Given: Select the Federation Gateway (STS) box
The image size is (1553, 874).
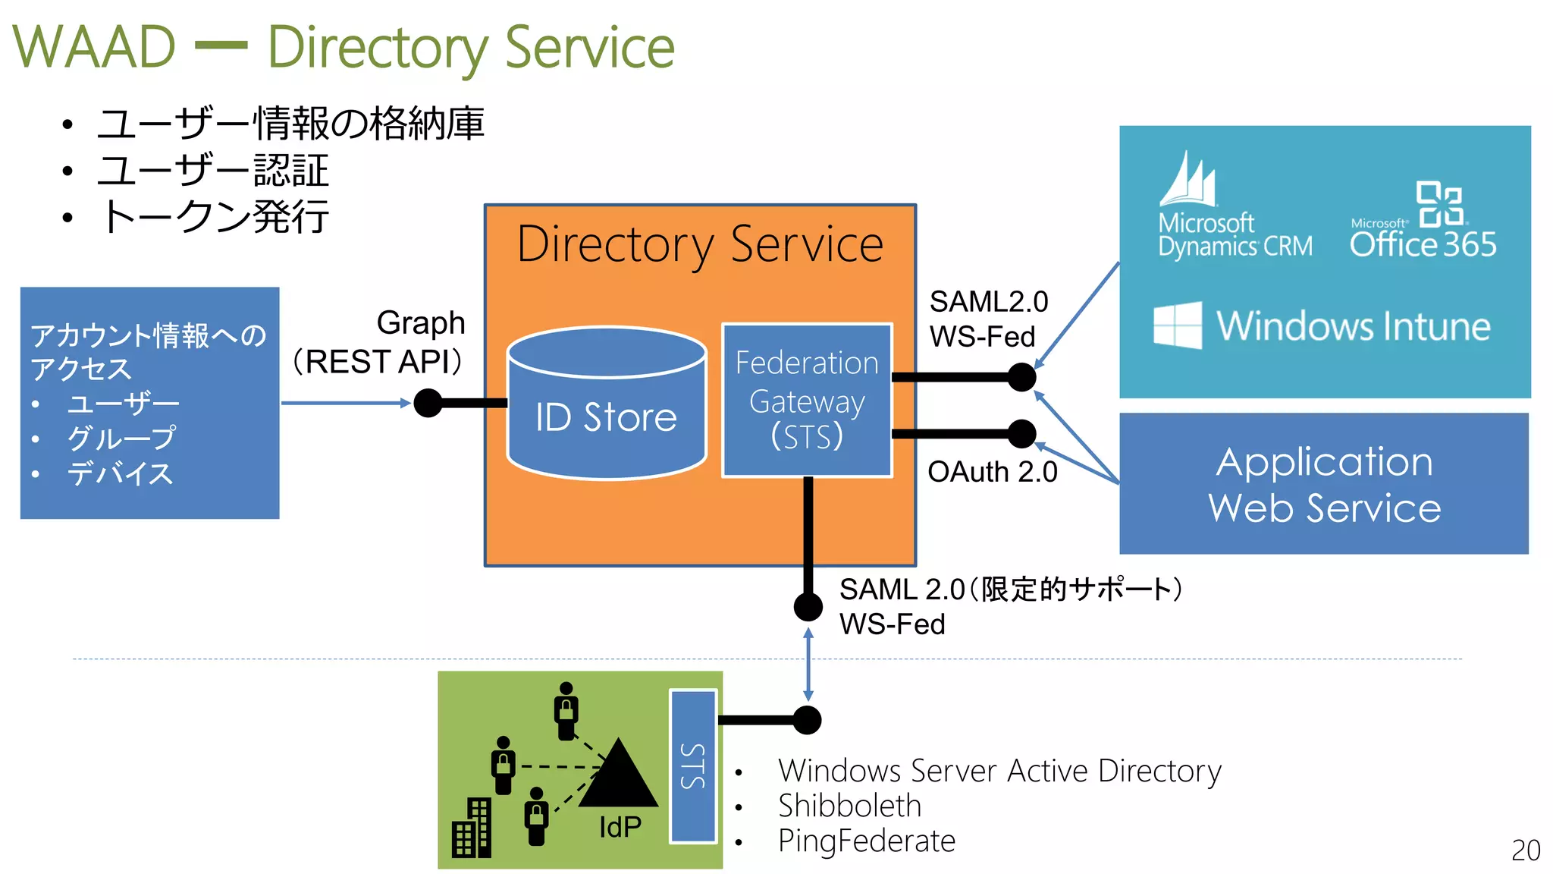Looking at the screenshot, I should [x=807, y=400].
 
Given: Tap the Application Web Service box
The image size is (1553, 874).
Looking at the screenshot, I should [x=1324, y=484].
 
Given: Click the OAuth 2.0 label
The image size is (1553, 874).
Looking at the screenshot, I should [x=992, y=472].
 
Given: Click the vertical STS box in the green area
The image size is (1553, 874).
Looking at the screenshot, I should [x=693, y=766].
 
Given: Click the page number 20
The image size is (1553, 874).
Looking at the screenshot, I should [x=1525, y=850].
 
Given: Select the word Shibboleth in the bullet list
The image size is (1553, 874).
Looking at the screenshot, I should [x=849, y=806].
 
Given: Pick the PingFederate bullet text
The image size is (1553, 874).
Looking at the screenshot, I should [x=866, y=841].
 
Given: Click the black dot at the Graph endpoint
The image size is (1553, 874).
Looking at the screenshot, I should [x=428, y=403].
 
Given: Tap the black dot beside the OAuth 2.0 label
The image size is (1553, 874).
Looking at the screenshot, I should [x=1021, y=434].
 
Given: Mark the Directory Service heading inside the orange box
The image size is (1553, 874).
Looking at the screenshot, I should [x=700, y=244].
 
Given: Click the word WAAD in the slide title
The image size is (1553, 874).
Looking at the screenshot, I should [x=94, y=47].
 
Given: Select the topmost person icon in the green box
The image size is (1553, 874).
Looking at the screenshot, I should [x=566, y=711].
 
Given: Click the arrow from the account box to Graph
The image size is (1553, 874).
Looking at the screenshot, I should [x=345, y=403].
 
